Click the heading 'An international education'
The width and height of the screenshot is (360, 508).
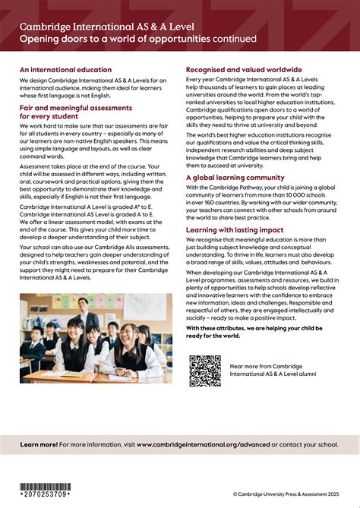(66, 70)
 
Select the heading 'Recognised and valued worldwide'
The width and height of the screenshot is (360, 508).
(243, 70)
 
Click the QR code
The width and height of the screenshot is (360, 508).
(204, 371)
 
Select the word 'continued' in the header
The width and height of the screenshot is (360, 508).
(234, 38)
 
